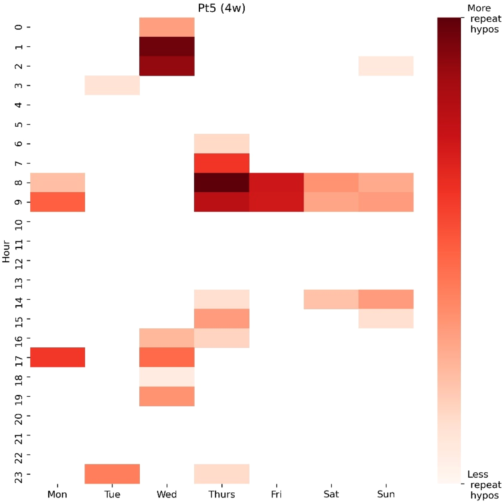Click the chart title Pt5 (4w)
[221, 8]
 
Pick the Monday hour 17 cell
[58, 357]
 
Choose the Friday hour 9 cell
[276, 202]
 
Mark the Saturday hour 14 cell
[331, 299]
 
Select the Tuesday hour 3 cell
[112, 85]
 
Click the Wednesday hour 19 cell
[167, 396]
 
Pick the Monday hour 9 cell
[58, 202]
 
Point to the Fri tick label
[276, 494]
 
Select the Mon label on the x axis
[58, 494]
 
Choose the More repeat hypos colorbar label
[484, 19]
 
